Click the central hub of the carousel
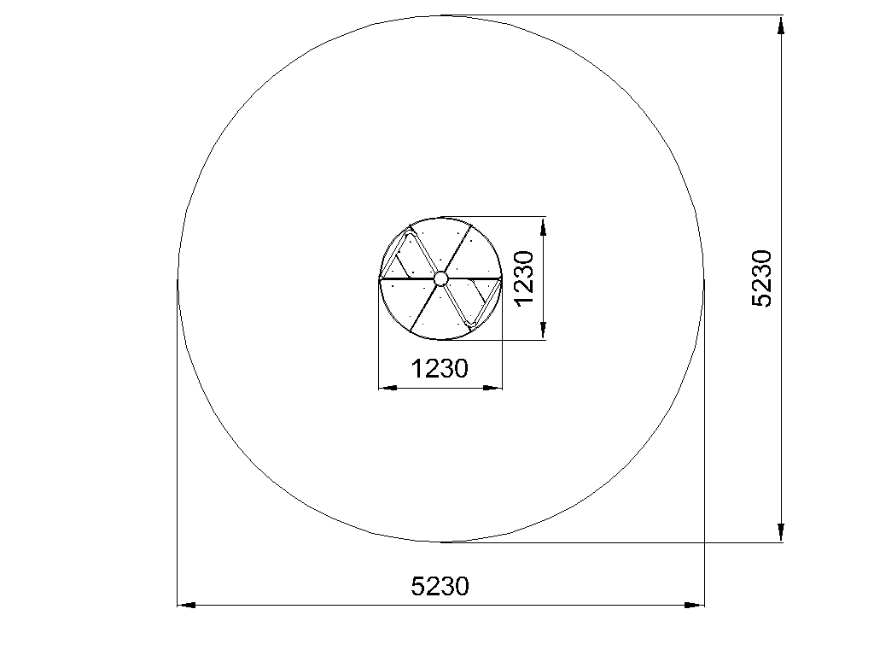(x=440, y=278)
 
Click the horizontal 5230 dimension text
(x=440, y=586)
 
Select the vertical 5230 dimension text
(x=762, y=278)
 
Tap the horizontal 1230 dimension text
(x=440, y=369)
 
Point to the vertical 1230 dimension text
(x=525, y=278)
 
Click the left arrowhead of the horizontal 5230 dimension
(x=187, y=605)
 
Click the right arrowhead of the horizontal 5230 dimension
(x=695, y=605)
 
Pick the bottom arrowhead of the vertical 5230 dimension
(x=781, y=532)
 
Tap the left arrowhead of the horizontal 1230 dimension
(x=388, y=388)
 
